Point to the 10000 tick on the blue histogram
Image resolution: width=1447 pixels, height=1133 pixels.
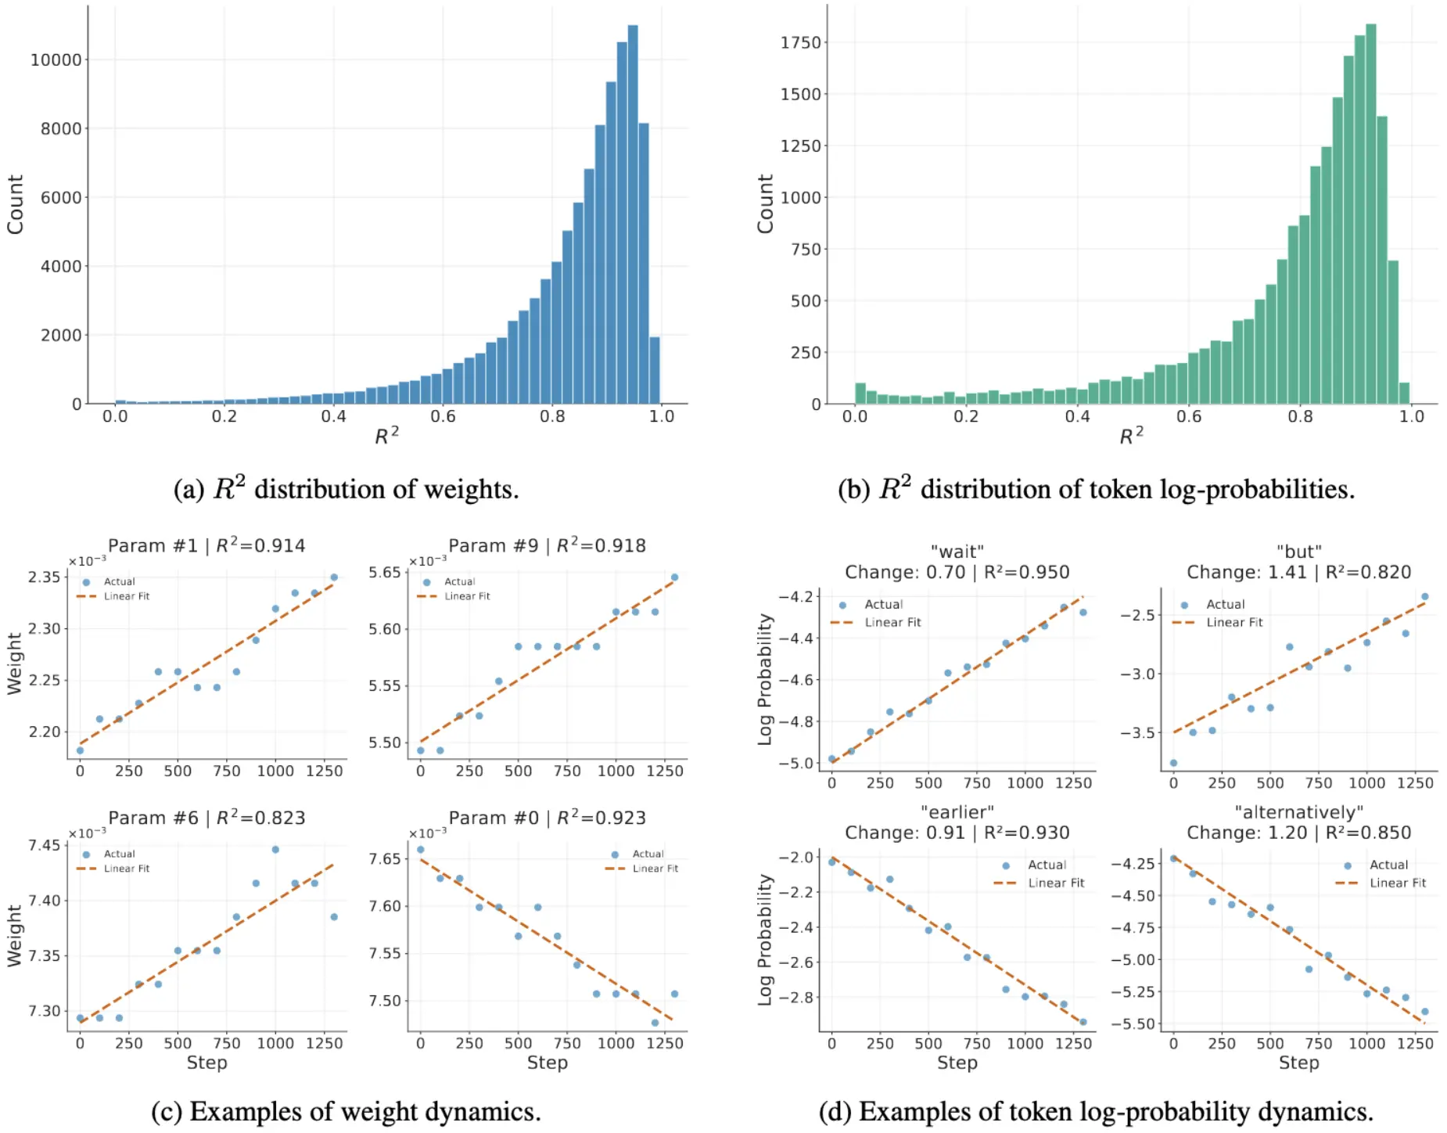[x=56, y=60]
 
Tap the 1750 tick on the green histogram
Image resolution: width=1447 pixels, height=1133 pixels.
[x=800, y=42]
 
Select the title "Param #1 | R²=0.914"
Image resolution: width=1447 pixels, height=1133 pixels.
[x=206, y=545]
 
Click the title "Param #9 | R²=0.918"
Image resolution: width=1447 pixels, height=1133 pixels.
[x=547, y=545]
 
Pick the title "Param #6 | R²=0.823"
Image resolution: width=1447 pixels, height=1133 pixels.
[x=206, y=818]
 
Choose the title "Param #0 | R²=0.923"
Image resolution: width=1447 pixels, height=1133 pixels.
[x=547, y=818]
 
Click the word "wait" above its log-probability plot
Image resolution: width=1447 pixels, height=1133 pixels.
[x=957, y=552]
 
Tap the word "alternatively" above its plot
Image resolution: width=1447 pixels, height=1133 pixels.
[x=1298, y=812]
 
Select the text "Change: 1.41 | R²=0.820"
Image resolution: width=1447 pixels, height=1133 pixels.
[x=1298, y=572]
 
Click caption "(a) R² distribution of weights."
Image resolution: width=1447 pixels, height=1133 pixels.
[x=346, y=489]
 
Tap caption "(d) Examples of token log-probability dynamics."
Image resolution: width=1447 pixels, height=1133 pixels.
[x=1096, y=1111]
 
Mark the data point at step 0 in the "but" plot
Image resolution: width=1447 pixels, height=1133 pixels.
[x=1173, y=763]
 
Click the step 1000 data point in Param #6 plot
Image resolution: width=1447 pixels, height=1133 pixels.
[x=275, y=849]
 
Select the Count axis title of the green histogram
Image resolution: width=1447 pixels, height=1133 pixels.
[x=765, y=203]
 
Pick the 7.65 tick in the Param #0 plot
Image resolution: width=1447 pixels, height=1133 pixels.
[x=384, y=858]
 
